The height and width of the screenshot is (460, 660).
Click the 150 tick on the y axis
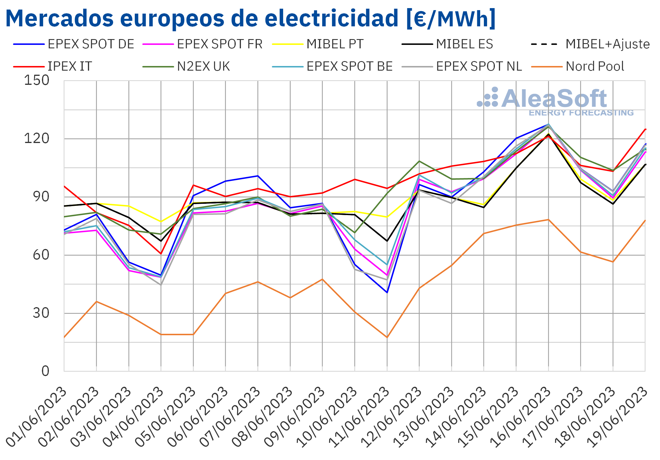pyautogui.click(x=37, y=80)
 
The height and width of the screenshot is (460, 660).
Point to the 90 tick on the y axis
pyautogui.click(x=41, y=197)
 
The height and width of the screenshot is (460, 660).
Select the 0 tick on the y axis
pyautogui.click(x=45, y=371)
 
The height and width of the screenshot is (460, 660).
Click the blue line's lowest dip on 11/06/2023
pyautogui.click(x=387, y=292)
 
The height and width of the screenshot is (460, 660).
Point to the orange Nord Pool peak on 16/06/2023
pyautogui.click(x=548, y=220)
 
